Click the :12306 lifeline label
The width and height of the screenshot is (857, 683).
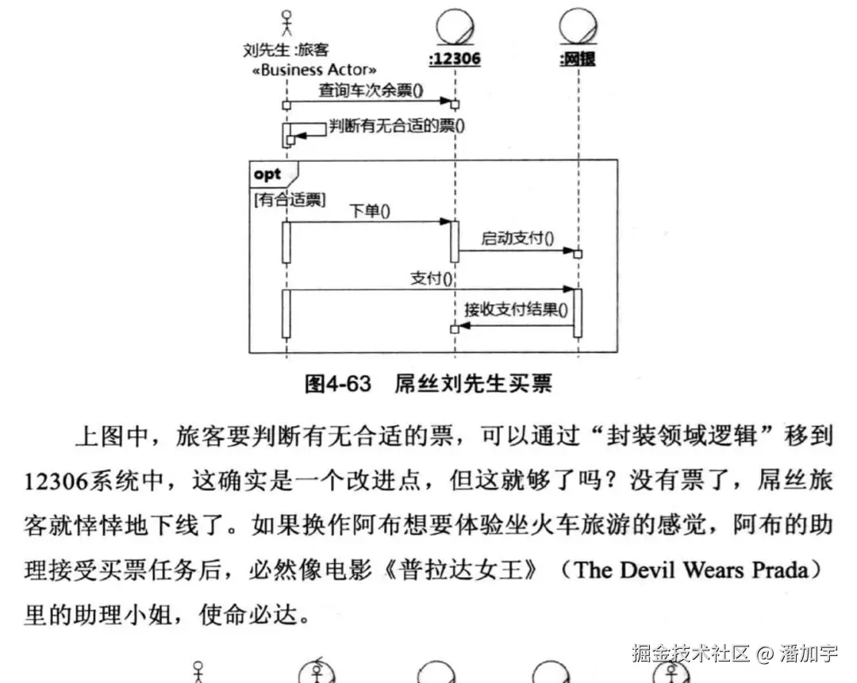point(454,59)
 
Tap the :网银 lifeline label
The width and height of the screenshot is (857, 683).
point(577,59)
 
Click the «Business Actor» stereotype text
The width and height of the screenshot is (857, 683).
point(314,70)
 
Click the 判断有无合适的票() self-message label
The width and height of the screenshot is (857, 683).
point(397,125)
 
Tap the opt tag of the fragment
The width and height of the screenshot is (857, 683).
point(268,175)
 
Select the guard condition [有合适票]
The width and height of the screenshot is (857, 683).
point(289,199)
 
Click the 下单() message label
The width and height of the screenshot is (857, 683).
point(370,211)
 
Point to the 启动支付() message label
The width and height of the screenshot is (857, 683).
point(517,238)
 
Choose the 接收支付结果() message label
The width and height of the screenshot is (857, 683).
point(516,310)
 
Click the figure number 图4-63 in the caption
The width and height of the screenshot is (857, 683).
point(338,384)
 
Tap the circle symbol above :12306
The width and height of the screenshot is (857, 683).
point(455,25)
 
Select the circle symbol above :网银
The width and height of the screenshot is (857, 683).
point(578,25)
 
